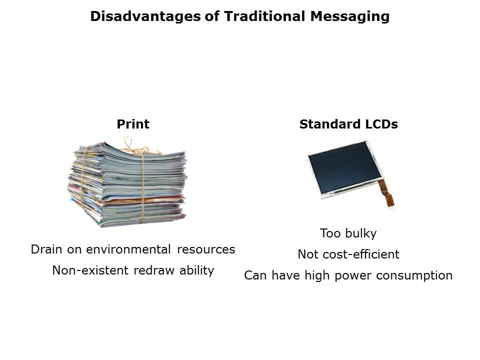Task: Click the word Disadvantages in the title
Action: (x=145, y=16)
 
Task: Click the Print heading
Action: (x=133, y=124)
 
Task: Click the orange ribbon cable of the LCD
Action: (x=386, y=193)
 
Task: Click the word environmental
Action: (x=128, y=249)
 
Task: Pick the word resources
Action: (x=206, y=249)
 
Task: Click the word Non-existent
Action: (x=90, y=270)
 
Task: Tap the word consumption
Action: (x=414, y=276)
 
